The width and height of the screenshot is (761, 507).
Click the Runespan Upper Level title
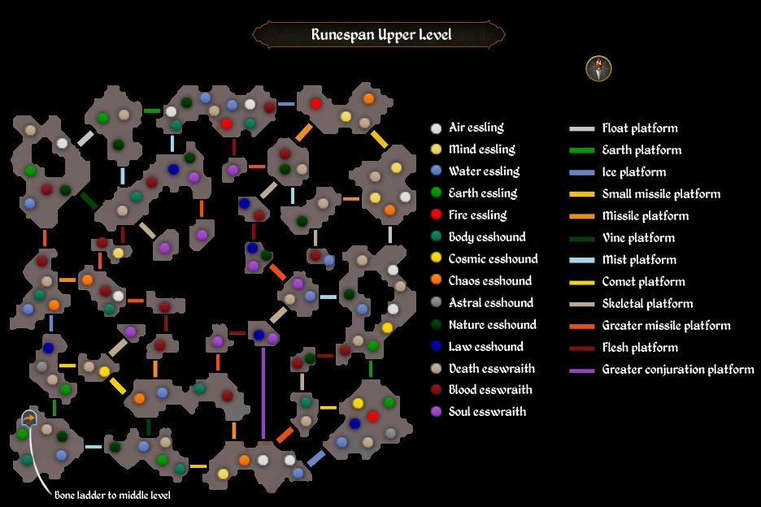(380, 35)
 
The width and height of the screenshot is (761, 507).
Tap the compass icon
(598, 69)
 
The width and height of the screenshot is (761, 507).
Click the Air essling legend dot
(437, 128)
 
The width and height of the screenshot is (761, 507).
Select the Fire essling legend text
(477, 215)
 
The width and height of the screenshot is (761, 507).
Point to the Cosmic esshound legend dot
(437, 259)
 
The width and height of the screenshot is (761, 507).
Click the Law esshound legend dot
(437, 347)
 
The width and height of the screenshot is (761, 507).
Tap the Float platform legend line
(581, 128)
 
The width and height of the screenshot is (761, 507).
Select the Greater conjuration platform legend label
(678, 370)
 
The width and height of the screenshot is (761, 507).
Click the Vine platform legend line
(581, 238)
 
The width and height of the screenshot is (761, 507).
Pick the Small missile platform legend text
(661, 194)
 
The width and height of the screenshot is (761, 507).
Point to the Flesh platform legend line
(581, 348)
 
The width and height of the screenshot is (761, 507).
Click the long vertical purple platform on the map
(263, 392)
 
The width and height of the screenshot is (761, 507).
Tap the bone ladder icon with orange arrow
(28, 418)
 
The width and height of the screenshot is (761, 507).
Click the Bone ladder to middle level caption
(112, 495)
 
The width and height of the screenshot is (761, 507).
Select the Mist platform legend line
(581, 260)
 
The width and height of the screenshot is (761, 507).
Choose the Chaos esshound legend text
(489, 281)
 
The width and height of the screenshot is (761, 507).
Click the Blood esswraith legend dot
(437, 391)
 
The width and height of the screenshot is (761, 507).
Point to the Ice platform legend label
(633, 172)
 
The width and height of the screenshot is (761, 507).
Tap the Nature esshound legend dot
(437, 325)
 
